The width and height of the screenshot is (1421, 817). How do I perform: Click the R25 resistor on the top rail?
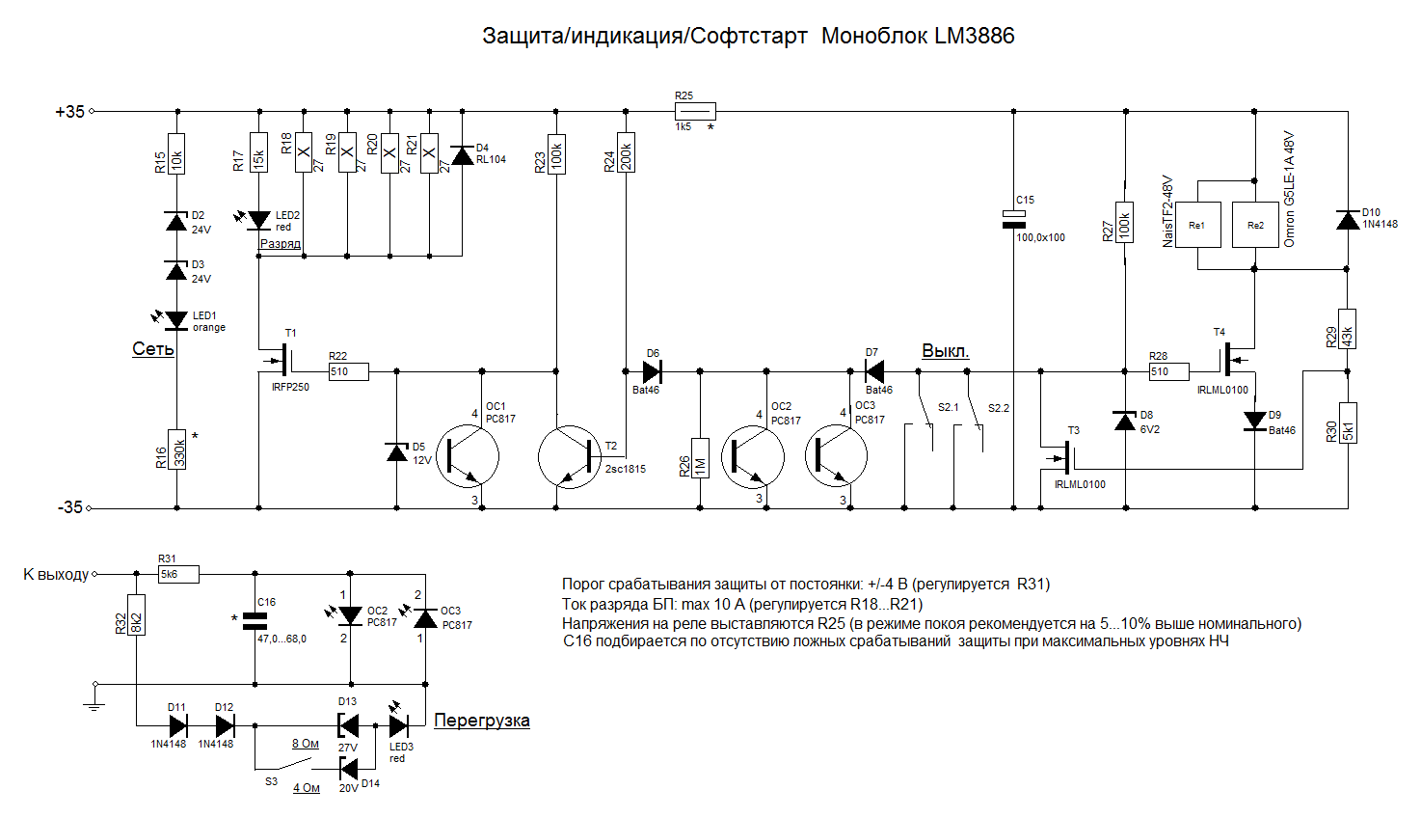(695, 112)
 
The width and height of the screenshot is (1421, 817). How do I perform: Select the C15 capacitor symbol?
(1014, 219)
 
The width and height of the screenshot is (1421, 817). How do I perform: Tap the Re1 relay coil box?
(1197, 225)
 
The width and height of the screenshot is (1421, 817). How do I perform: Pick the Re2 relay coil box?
(1255, 225)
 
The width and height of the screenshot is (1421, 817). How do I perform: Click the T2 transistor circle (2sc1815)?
(570, 457)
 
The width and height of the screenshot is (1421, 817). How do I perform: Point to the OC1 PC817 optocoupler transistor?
(469, 457)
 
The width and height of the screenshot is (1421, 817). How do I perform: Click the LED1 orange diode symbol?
(176, 320)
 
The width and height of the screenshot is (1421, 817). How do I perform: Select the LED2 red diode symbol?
(258, 221)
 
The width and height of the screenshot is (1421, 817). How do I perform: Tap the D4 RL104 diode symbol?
(462, 155)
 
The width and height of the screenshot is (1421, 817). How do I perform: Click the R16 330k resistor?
(177, 449)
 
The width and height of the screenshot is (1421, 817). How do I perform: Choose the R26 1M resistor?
(700, 458)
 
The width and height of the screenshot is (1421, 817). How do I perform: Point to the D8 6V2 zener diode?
(1125, 421)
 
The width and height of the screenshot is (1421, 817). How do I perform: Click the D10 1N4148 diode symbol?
(1348, 220)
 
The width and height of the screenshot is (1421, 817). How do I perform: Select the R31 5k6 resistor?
(178, 575)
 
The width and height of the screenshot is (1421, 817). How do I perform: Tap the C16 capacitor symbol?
(255, 621)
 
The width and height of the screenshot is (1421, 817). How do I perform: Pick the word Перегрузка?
(481, 721)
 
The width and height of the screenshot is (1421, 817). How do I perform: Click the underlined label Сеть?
(153, 348)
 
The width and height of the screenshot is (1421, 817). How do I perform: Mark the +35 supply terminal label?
(69, 112)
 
